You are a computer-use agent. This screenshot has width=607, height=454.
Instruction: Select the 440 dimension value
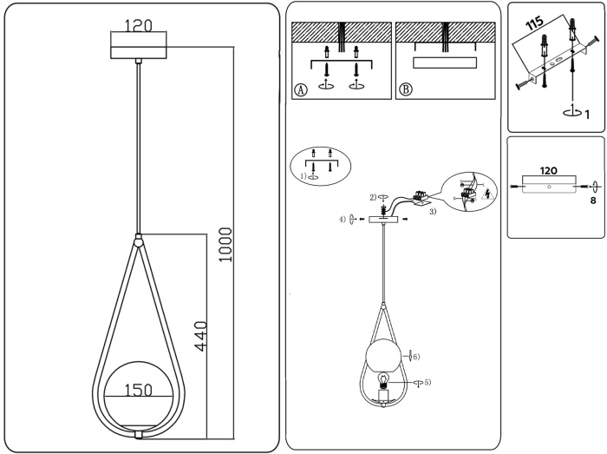coord(202,334)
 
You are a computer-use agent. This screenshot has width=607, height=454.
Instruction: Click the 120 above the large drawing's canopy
coord(140,26)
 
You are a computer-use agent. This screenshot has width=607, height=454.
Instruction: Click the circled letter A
coord(301,89)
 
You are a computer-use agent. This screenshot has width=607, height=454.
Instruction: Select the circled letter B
coord(405,89)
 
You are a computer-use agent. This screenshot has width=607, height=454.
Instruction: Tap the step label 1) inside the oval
coord(303,176)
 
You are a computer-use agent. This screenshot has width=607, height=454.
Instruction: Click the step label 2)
coord(372,197)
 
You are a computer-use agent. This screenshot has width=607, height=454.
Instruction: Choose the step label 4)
coord(343,219)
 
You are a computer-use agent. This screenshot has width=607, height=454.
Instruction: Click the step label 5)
coord(427,382)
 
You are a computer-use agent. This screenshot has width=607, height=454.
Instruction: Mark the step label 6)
coord(415,356)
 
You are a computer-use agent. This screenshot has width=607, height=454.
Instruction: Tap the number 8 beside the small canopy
coord(593,201)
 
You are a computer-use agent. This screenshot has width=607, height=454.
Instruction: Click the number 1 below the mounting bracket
coord(587,113)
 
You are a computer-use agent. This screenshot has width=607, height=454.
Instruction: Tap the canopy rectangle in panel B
coord(445,63)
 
